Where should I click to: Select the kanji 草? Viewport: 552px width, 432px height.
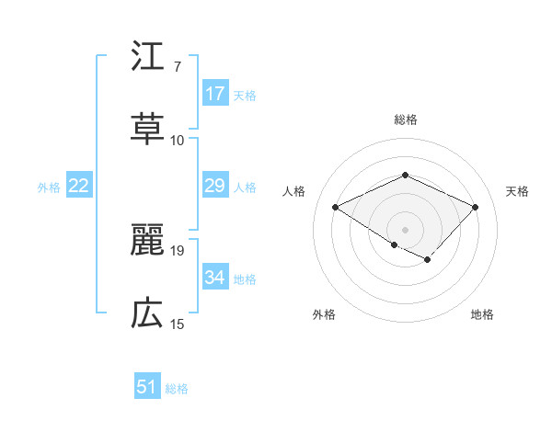click(x=147, y=129)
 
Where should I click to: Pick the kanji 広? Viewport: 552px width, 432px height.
click(x=147, y=313)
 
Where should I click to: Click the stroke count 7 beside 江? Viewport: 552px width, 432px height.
click(x=177, y=67)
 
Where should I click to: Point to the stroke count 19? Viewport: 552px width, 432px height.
click(x=178, y=250)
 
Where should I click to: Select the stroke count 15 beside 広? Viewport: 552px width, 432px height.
click(x=178, y=324)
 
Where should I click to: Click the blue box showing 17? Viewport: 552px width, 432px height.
click(x=215, y=94)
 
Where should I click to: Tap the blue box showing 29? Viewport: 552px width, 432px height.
click(x=215, y=186)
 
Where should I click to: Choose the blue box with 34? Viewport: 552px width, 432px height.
click(x=215, y=278)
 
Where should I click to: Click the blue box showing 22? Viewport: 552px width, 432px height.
click(x=79, y=186)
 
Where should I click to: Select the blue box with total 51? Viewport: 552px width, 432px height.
click(x=147, y=387)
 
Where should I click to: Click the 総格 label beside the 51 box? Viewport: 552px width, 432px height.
click(x=177, y=389)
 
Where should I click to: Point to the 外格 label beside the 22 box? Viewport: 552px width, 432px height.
click(x=49, y=188)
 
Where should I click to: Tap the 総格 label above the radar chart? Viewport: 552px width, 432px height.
click(x=405, y=119)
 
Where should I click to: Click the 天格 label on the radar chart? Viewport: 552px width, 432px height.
click(x=517, y=191)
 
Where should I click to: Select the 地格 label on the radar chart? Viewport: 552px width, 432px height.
click(x=482, y=314)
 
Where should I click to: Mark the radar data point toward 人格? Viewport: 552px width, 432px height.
click(x=336, y=207)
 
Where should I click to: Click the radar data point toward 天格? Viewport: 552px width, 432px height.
click(x=475, y=207)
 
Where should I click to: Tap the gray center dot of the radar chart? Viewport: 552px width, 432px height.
click(x=405, y=229)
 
